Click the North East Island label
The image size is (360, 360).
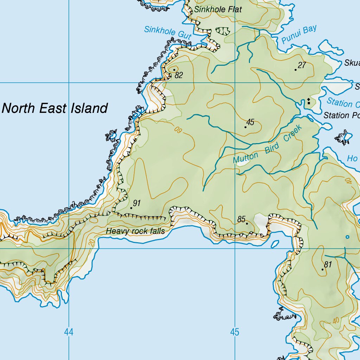[x=54, y=108]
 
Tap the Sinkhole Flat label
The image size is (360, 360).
[x=218, y=9]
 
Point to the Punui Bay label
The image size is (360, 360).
[x=299, y=34]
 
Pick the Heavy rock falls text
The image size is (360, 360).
[x=135, y=231]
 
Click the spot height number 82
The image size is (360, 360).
[x=179, y=75]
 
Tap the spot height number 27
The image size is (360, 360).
[x=302, y=65]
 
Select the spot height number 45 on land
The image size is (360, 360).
[x=250, y=122]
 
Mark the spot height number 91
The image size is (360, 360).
[x=137, y=203]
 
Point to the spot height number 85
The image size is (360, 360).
[x=241, y=219]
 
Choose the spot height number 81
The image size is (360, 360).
[x=328, y=265]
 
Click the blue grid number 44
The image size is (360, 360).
[x=69, y=332]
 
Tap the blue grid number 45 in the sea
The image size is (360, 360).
[x=235, y=332]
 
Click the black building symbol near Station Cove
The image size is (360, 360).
[x=309, y=102]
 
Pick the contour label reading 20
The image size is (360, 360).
[x=91, y=242]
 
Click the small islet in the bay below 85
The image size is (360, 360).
[x=275, y=243]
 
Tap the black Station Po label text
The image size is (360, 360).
[x=341, y=115]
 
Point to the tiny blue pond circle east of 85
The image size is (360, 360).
[x=347, y=237]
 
